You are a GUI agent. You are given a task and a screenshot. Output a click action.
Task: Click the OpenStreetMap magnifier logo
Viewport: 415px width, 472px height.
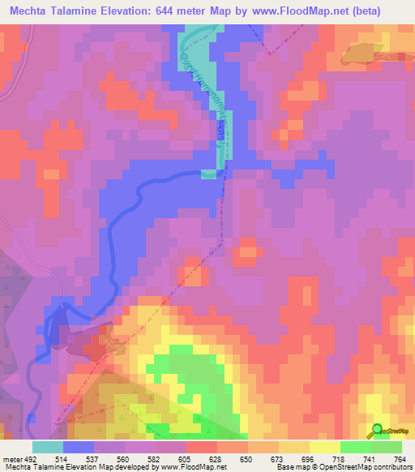click(376, 431)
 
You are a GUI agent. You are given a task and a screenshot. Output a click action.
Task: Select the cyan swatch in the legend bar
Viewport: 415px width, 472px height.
click(48, 448)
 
